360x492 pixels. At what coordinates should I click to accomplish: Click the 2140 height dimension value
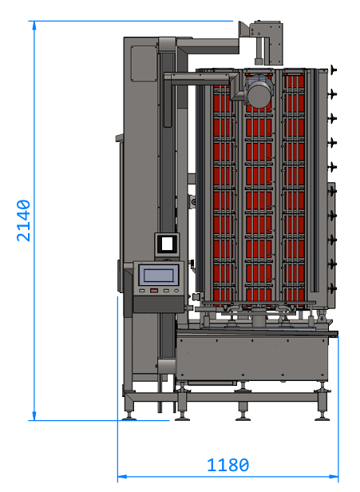coord(23,220)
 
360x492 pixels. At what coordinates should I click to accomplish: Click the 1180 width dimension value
coord(228,465)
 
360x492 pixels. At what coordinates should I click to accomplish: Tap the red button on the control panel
coord(153,291)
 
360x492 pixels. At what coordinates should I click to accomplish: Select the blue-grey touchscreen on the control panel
coord(159,275)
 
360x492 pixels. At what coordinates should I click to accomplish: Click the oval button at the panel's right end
coord(176,291)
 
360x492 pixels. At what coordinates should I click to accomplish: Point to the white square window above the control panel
coord(167,244)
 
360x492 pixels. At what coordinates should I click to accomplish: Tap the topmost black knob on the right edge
coord(333,69)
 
